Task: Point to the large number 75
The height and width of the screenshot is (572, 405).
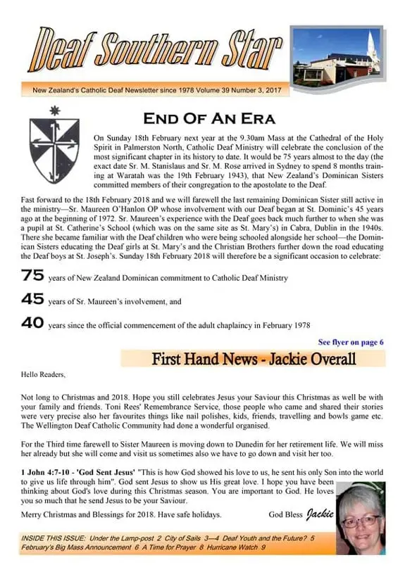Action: (x=32, y=277)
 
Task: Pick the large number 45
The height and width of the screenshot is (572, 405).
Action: (x=32, y=299)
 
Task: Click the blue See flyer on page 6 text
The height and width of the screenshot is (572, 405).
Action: (x=350, y=342)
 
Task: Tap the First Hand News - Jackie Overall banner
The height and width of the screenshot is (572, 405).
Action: (x=253, y=359)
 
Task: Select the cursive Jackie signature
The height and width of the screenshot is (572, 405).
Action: (x=318, y=515)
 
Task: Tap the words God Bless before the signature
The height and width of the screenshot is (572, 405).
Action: (x=285, y=516)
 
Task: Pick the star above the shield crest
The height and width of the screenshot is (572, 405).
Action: (x=54, y=110)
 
